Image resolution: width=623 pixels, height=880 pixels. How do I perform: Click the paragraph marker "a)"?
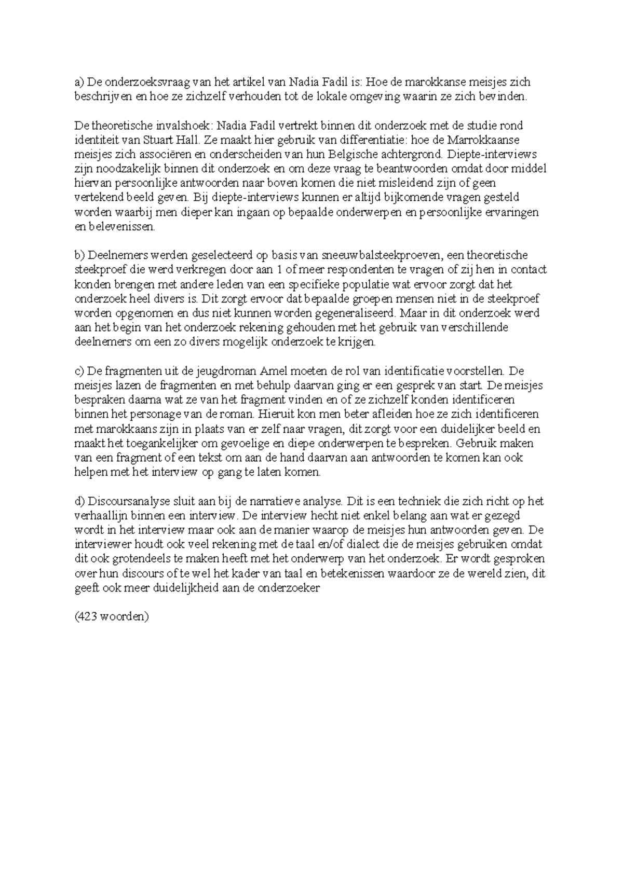pos(79,82)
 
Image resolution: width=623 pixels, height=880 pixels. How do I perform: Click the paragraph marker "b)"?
pos(79,255)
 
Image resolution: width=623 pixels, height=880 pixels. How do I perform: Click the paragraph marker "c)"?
pos(79,372)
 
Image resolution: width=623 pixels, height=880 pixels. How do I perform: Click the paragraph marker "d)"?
pos(79,502)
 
